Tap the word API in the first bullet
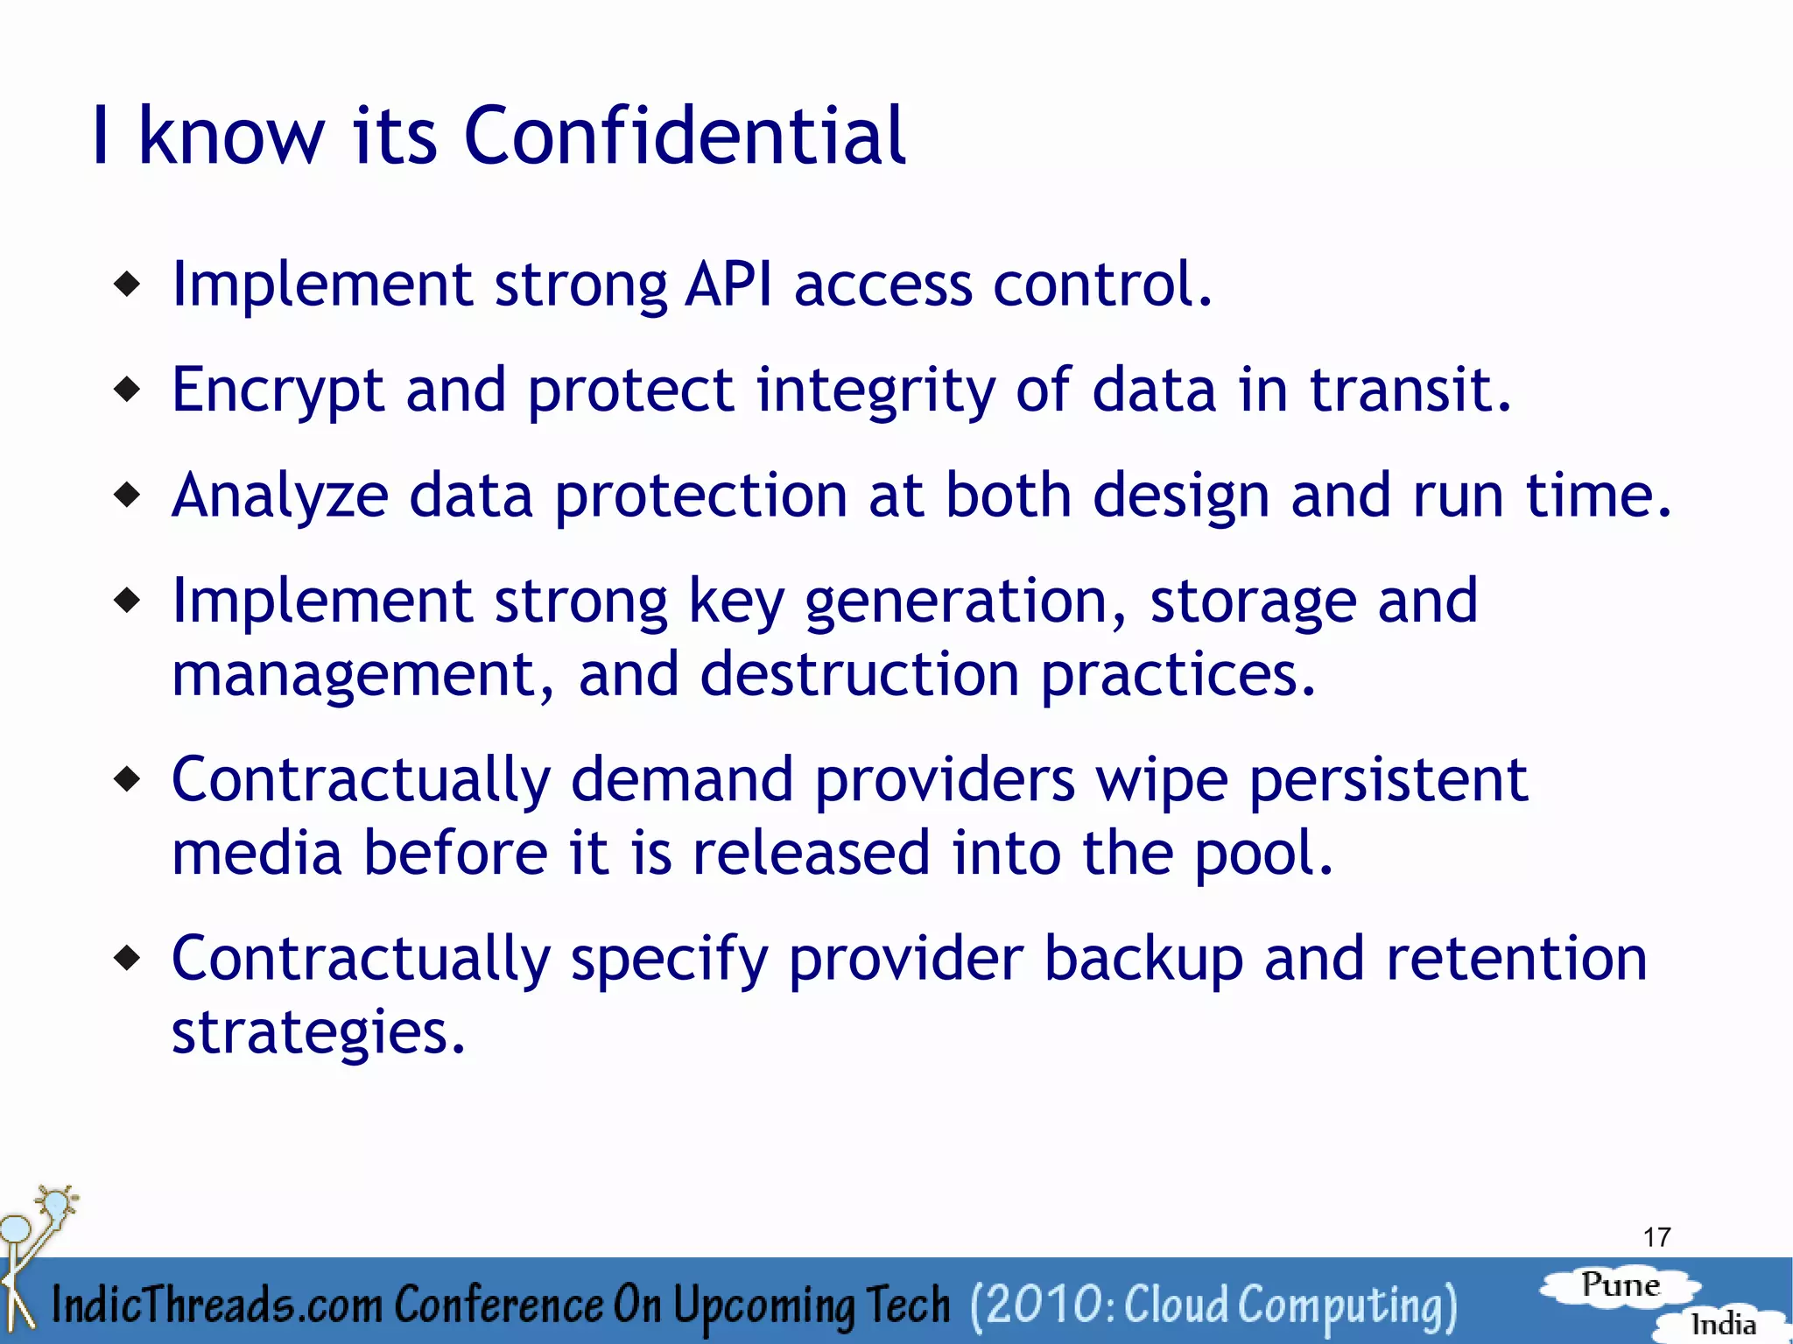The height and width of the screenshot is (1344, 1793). tap(728, 285)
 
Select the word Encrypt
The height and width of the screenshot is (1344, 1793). tap(278, 391)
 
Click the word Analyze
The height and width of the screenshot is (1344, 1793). tap(279, 496)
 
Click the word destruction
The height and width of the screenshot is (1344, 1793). tap(859, 674)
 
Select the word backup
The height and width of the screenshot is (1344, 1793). tap(1143, 959)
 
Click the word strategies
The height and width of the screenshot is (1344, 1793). tap(318, 1033)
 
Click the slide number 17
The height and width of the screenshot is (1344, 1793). tap(1656, 1237)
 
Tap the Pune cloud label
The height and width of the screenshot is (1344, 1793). tap(1621, 1285)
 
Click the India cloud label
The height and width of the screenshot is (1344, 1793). tap(1722, 1324)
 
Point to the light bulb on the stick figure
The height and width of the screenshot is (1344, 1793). tap(57, 1203)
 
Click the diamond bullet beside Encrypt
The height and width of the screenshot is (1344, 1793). tap(128, 389)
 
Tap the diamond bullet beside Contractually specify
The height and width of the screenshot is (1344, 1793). tap(128, 957)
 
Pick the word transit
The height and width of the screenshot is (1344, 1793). tap(1410, 390)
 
